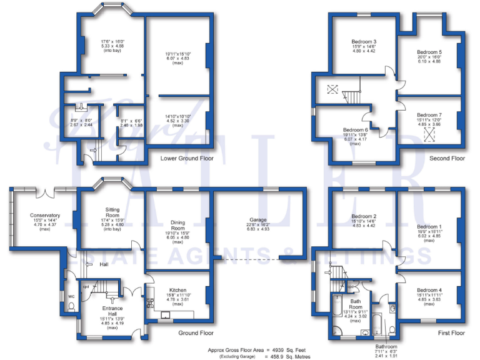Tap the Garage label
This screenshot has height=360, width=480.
coord(259,221)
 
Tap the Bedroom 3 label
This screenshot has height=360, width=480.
coord(363,42)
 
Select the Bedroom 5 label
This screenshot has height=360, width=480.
coord(429,52)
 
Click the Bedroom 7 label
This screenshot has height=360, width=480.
coord(429,115)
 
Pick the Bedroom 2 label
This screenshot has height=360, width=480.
coord(363,216)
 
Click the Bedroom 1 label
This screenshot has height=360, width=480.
coord(429,226)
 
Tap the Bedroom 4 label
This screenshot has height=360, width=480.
coord(429,290)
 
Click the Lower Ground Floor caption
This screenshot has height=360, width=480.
coord(187,159)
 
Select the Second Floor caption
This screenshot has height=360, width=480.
coord(447,159)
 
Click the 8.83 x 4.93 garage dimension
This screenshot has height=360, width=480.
coord(259,230)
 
